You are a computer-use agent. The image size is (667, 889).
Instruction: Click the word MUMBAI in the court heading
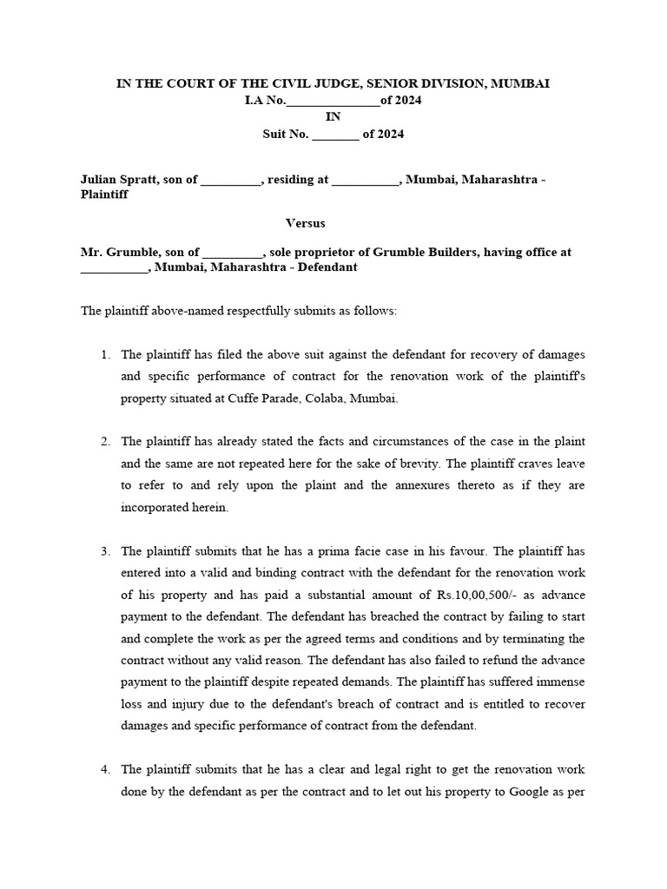(519, 83)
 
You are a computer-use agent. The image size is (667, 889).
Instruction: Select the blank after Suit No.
(334, 135)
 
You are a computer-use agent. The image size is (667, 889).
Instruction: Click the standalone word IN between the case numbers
(333, 117)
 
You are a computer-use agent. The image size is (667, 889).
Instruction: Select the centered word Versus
(306, 223)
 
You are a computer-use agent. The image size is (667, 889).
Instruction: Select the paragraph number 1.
(104, 354)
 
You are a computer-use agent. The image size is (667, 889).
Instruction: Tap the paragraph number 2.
(104, 441)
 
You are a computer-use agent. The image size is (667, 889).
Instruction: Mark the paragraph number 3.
(104, 550)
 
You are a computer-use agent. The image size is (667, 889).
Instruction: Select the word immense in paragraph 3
(576, 682)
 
